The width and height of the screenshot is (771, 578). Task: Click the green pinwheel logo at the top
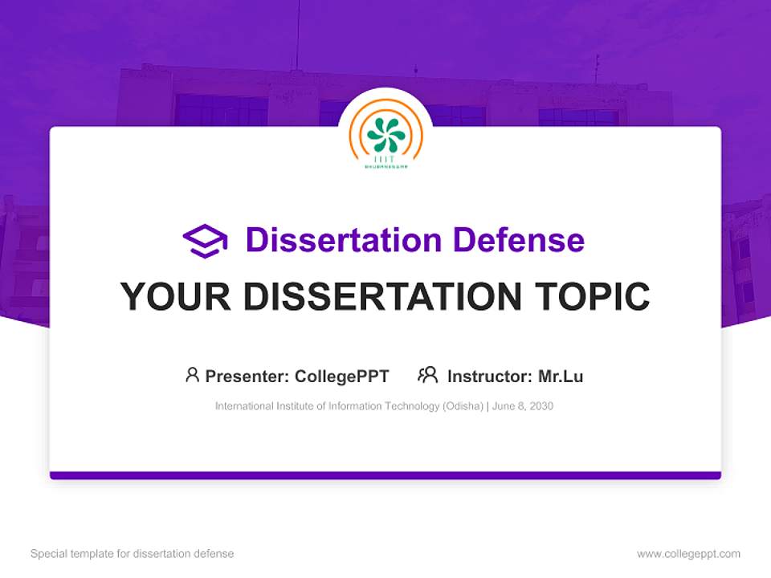click(385, 134)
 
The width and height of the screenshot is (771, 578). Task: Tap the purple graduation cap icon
click(205, 241)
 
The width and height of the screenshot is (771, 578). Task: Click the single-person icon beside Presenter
click(192, 375)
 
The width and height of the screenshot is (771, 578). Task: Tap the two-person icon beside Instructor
click(427, 375)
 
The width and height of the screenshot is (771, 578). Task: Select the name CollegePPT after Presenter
click(342, 377)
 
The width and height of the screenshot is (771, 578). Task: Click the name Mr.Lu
click(561, 377)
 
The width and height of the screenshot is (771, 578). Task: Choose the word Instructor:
click(489, 377)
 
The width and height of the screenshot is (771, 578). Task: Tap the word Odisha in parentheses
click(462, 406)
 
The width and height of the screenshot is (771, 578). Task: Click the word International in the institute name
click(243, 406)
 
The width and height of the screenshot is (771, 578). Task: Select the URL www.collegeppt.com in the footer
click(688, 554)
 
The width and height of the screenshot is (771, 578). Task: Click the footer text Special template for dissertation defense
click(133, 554)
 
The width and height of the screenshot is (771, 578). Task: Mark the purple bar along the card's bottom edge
click(385, 475)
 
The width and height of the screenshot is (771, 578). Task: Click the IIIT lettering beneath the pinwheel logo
click(385, 160)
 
